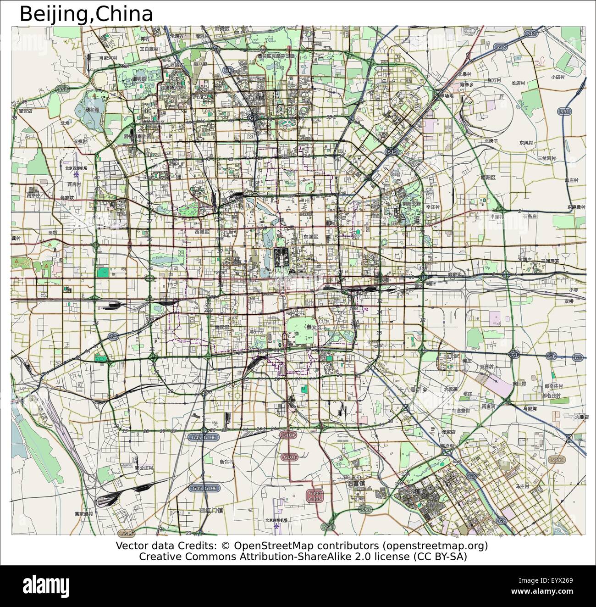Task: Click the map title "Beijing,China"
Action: coord(86,14)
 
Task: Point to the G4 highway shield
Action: coord(100,336)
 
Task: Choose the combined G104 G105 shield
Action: coord(315,496)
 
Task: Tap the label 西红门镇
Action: coord(211,510)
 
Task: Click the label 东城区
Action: coord(310,237)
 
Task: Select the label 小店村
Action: coord(558,77)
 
